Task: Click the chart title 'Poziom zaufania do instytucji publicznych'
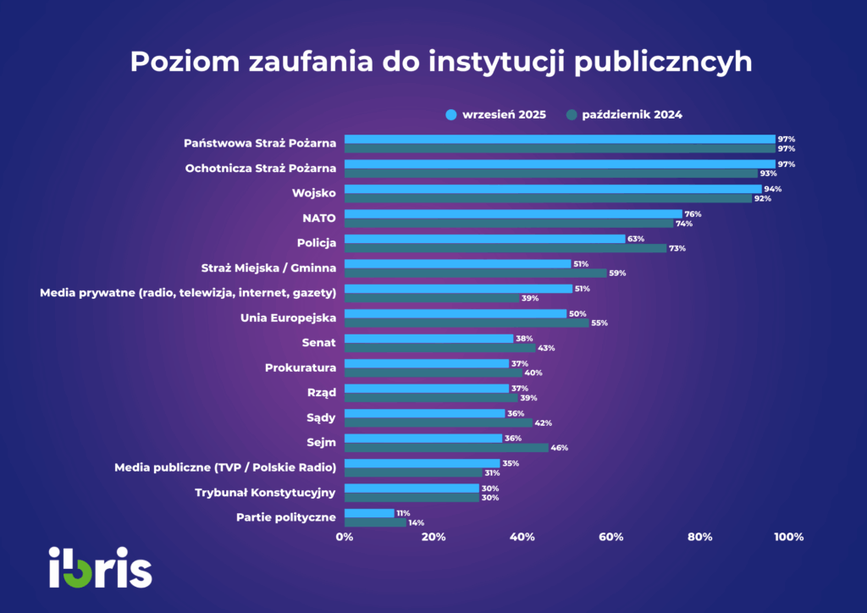[440, 62]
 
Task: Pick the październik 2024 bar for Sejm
[446, 447]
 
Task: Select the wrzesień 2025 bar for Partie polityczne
[369, 513]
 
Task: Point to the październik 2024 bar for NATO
[509, 224]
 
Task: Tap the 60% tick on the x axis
[610, 537]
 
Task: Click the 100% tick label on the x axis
[788, 537]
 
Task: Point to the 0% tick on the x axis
[345, 537]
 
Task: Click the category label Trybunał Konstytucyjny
[266, 492]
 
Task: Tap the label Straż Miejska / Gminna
[268, 268]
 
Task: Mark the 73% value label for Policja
[677, 249]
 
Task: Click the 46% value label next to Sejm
[559, 448]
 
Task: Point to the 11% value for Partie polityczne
[403, 513]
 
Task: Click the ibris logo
[101, 567]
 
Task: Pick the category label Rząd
[321, 392]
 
